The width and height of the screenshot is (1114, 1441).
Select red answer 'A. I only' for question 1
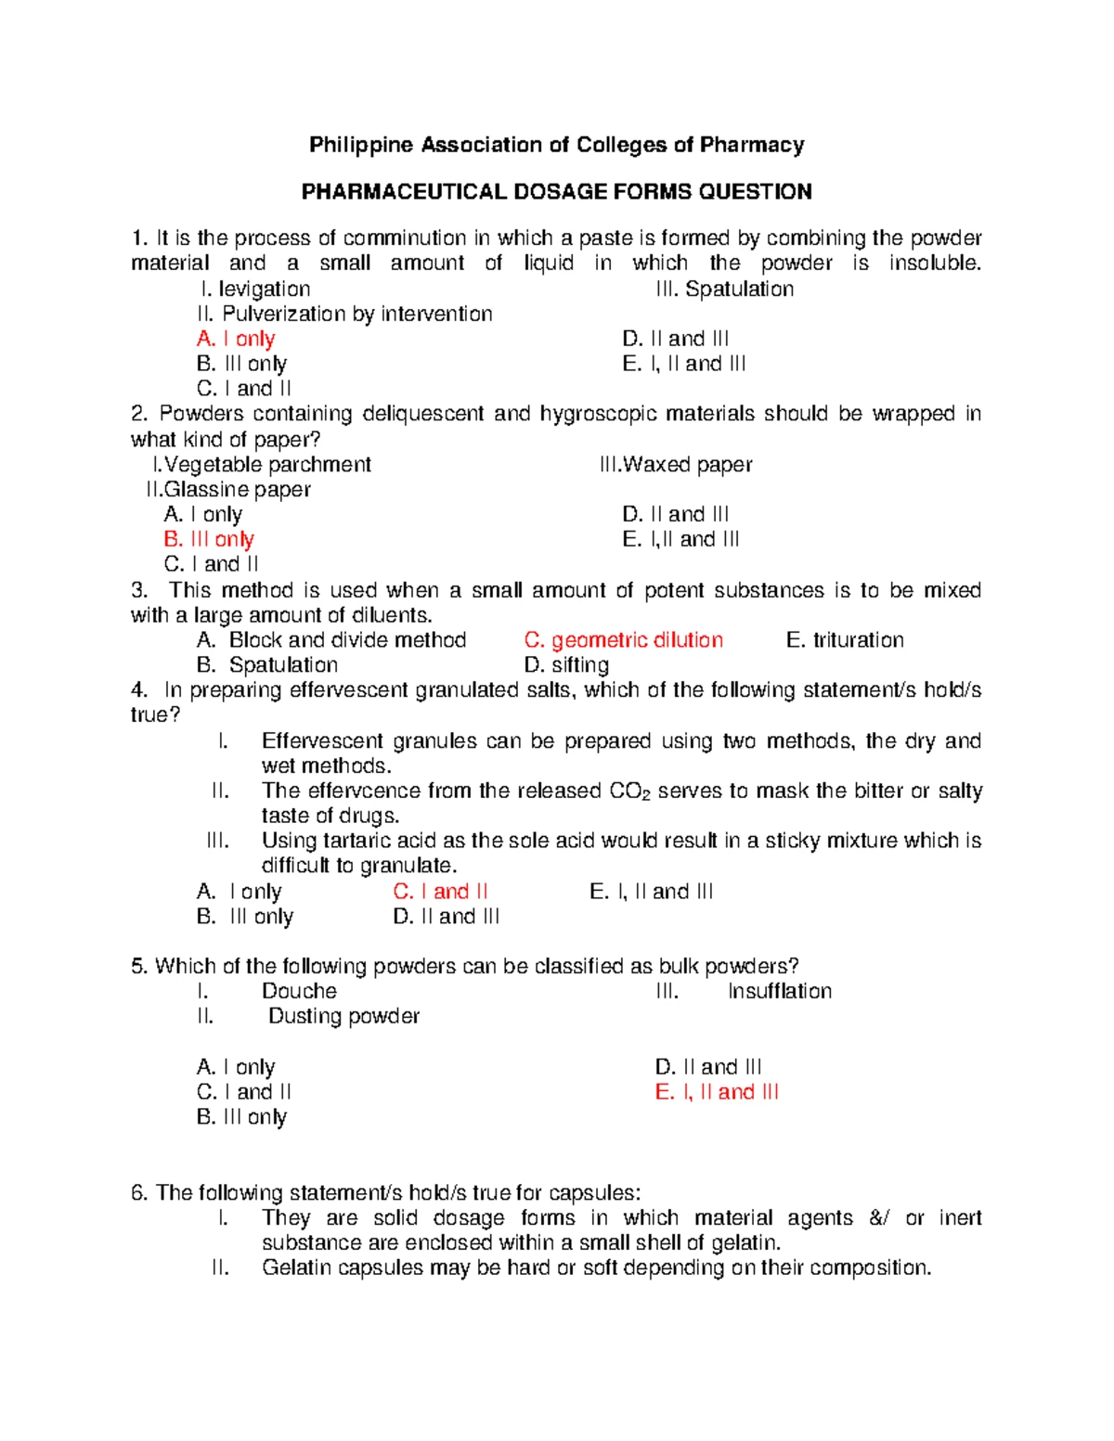tap(236, 339)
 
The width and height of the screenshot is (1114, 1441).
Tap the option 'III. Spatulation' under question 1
tap(724, 289)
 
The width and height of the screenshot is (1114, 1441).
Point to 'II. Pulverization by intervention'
tap(344, 314)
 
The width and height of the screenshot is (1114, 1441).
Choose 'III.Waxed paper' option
tap(676, 464)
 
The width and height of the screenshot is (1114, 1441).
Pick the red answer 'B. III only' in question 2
tap(209, 539)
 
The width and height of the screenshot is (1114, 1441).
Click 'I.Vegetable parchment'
tap(262, 464)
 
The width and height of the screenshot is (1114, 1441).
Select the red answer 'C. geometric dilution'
tap(623, 640)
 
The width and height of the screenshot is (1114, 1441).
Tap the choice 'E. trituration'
tap(844, 640)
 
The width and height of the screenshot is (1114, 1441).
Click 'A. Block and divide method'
tap(331, 640)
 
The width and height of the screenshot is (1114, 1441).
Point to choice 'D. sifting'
tap(566, 664)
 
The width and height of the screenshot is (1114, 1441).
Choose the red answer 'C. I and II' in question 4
tap(440, 892)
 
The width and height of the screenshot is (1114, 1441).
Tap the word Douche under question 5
tap(299, 991)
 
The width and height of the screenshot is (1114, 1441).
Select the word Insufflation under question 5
tap(779, 991)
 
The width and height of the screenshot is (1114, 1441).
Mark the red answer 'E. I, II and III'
tap(717, 1092)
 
